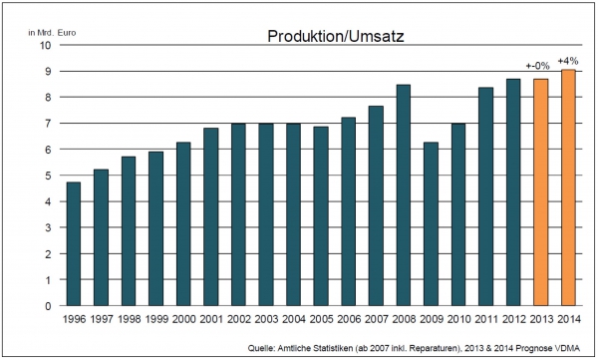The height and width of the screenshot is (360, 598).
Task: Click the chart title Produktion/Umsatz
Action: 336,36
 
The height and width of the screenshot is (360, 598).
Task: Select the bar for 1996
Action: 74,244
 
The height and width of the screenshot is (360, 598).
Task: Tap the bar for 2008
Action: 404,195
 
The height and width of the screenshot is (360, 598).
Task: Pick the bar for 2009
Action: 431,224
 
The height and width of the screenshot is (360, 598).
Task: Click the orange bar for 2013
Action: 541,192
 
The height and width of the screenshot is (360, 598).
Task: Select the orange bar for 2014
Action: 568,187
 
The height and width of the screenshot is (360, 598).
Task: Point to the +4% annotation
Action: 568,61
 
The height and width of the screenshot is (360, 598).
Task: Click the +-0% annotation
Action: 538,66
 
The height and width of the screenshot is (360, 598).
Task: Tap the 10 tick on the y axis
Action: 45,45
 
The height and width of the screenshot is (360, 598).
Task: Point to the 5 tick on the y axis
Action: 48,176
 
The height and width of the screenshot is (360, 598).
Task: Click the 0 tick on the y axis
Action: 48,306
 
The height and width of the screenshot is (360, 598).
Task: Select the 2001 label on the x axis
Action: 211,319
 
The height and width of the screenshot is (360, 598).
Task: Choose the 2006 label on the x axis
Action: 349,319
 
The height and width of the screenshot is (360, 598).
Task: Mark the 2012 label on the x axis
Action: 513,319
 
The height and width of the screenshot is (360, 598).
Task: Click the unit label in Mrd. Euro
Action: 52,33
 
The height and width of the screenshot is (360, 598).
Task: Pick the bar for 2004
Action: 294,214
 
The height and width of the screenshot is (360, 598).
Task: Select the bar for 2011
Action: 486,196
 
